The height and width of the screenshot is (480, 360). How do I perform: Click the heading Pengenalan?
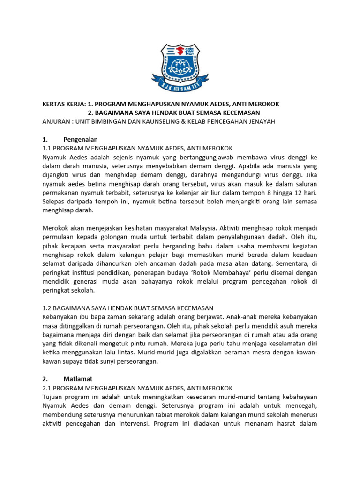[x=80, y=139]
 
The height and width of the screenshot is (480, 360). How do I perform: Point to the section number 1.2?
[x=47, y=308]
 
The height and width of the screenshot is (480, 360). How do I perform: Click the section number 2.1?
[x=47, y=388]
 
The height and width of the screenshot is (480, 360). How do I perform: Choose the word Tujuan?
[x=54, y=397]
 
